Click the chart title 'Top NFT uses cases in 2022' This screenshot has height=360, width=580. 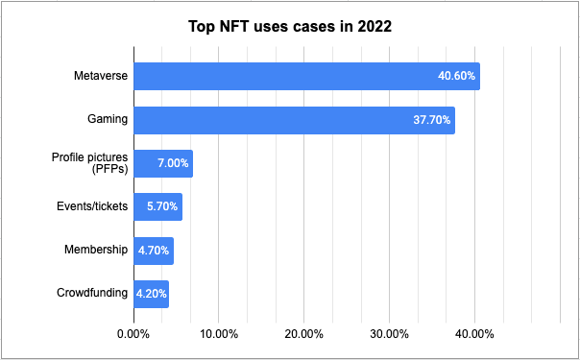click(x=289, y=27)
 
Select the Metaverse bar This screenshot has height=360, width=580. click(x=305, y=77)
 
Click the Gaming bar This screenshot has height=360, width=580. click(x=293, y=120)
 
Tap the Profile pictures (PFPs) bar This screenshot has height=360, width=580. click(x=162, y=163)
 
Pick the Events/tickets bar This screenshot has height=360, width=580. click(x=157, y=206)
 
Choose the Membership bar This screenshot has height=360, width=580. click(x=153, y=251)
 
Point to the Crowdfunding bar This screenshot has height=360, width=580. click(x=151, y=294)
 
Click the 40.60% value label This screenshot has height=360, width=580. click(x=456, y=77)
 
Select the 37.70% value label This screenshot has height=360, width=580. click(x=431, y=120)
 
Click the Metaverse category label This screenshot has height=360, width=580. click(x=101, y=76)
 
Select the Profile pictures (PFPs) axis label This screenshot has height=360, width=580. click(x=90, y=163)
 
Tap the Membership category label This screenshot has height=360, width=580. click(x=96, y=250)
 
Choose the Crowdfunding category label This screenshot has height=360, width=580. click(x=91, y=293)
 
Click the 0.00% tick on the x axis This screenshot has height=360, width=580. click(x=133, y=334)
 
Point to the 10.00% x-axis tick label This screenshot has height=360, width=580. click(x=218, y=334)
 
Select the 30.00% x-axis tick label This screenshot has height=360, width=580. click(x=389, y=334)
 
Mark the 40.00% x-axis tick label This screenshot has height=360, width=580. click(x=474, y=334)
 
